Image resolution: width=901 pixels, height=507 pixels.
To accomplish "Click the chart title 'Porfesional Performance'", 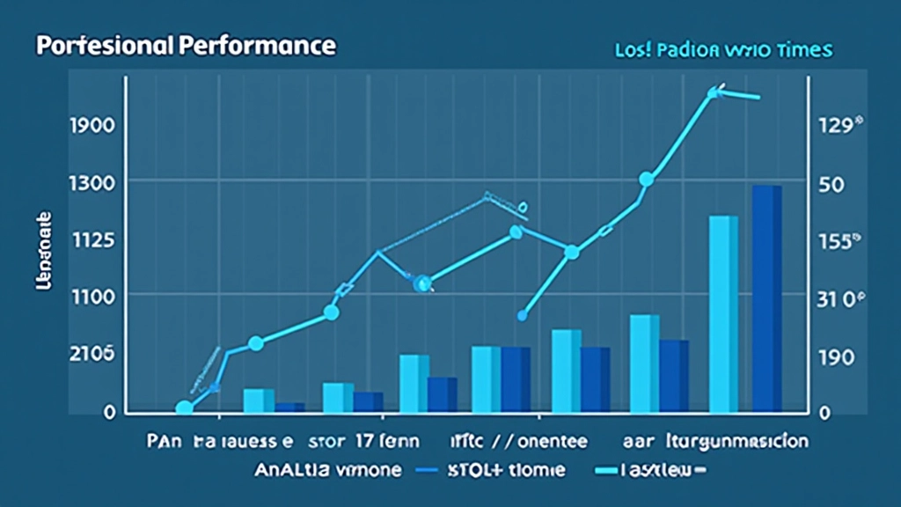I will point(185,45).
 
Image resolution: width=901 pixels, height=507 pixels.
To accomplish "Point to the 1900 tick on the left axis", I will point(91,125).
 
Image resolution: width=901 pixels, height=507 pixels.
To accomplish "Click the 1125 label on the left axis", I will point(91,239).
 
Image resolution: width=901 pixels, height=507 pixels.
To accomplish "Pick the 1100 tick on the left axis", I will point(91,296).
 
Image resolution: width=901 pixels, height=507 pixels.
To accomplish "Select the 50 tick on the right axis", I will point(831,185).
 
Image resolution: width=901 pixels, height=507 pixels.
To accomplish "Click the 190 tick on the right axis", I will point(836,357).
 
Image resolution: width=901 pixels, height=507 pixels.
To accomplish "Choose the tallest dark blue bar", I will point(766,298).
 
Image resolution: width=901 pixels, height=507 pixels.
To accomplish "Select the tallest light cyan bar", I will point(723,313).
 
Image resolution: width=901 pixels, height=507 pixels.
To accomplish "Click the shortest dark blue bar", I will point(289,408).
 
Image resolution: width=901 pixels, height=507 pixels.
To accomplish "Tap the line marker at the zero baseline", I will point(184,408).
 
